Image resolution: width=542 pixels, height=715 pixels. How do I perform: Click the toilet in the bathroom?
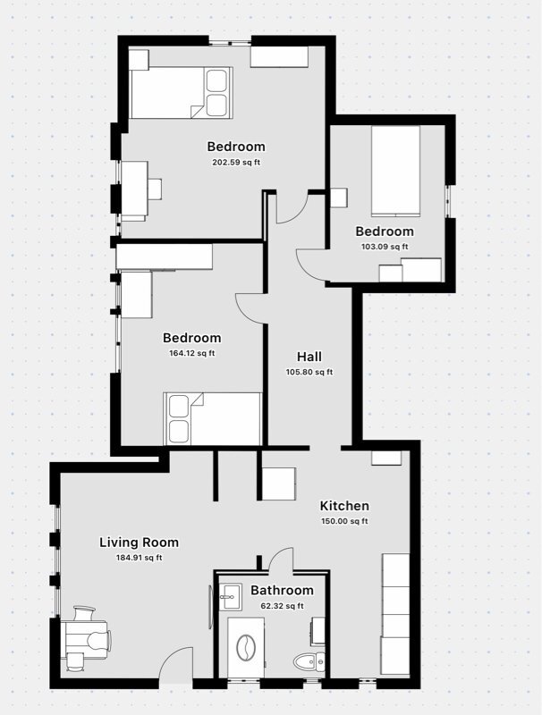tap(306, 662)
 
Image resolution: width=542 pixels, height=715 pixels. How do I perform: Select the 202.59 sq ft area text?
tap(236, 163)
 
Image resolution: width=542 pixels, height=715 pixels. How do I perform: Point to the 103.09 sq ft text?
tap(384, 247)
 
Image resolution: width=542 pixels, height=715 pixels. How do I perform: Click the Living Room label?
tap(139, 542)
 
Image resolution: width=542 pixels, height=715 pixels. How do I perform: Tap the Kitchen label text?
tap(344, 506)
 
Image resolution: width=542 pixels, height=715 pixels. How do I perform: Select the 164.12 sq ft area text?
tap(191, 353)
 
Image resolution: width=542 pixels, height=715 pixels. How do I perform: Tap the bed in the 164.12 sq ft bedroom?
tap(213, 418)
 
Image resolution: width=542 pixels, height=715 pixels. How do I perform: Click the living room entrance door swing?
tap(176, 663)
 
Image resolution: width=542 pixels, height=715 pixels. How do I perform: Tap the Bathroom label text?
tap(282, 590)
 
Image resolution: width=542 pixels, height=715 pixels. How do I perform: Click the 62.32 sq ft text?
tap(282, 606)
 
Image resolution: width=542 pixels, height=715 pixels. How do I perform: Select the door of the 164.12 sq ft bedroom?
tap(250, 307)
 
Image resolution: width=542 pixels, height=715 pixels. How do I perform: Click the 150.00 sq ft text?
tap(344, 521)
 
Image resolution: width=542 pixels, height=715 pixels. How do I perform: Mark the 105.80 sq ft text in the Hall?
tap(309, 373)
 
